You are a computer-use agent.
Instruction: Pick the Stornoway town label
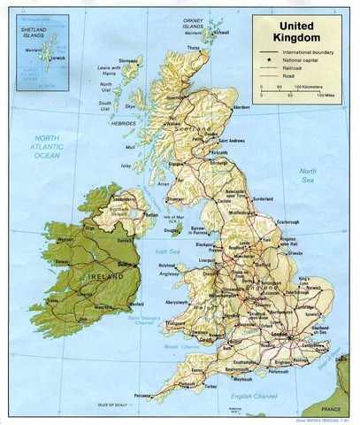(x=131, y=62)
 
